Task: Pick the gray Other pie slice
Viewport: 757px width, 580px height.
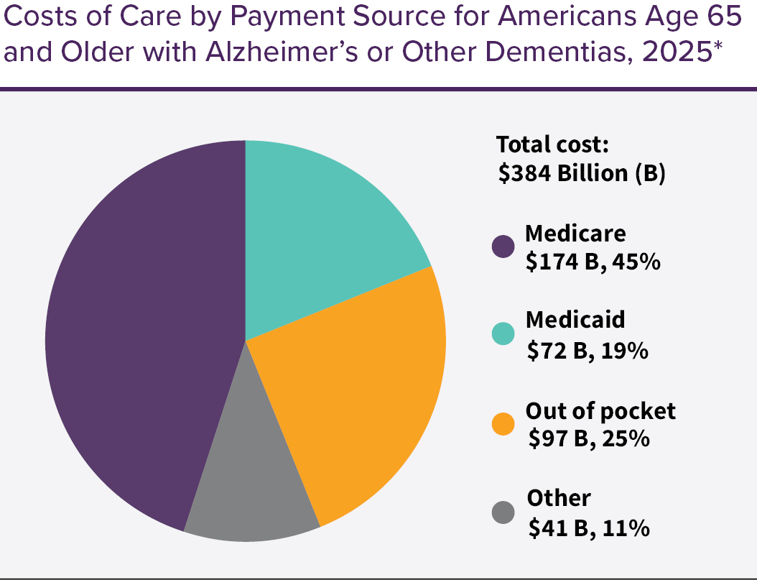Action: (x=248, y=489)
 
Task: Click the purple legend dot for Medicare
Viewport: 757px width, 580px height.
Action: (x=503, y=247)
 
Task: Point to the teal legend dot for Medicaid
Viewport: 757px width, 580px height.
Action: (x=503, y=333)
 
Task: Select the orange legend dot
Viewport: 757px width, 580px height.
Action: (x=503, y=424)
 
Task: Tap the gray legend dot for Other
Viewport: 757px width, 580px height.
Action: (x=503, y=512)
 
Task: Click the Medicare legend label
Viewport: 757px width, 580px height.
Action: (x=575, y=234)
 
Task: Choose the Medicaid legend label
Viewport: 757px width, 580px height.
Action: (x=575, y=319)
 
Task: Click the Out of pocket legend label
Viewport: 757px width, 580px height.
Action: (x=600, y=410)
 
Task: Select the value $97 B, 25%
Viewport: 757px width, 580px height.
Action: (x=589, y=438)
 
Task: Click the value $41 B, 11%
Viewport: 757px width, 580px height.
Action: (x=589, y=528)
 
